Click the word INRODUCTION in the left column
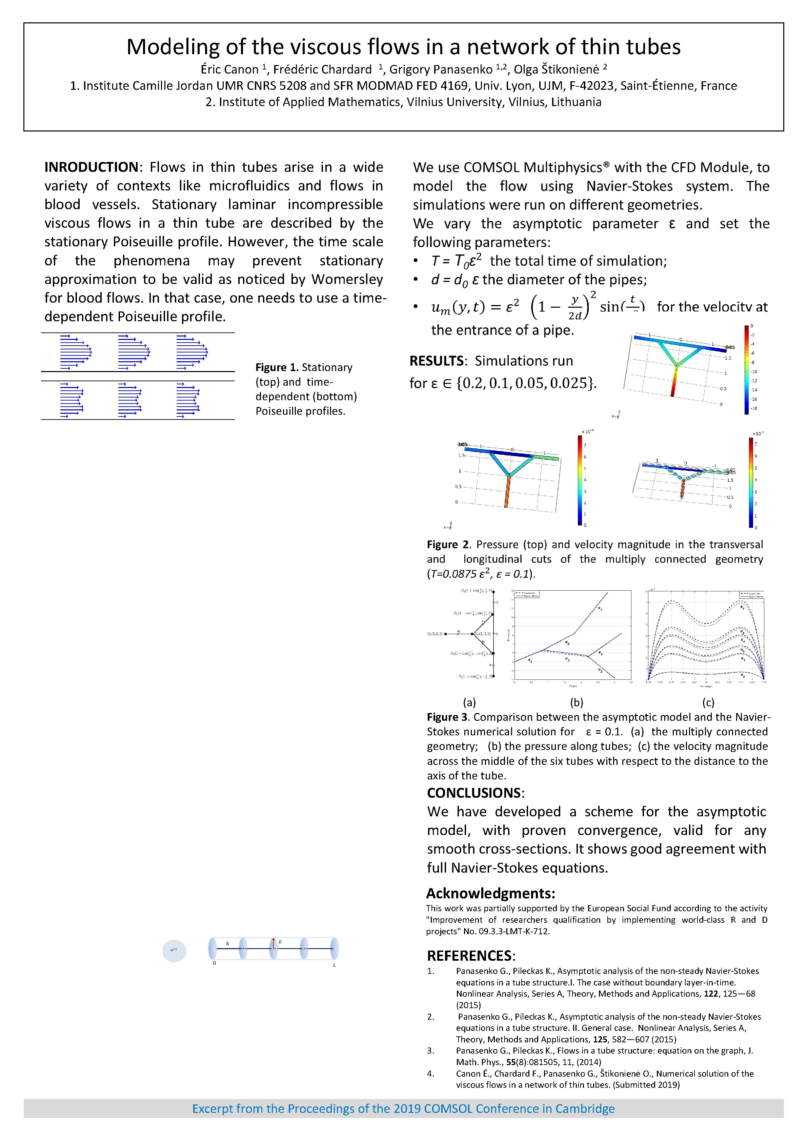pos(91,167)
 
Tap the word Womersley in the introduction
pos(347,279)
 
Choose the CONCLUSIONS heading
pos(474,793)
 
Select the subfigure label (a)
pos(469,702)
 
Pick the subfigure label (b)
pos(576,702)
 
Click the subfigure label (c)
pos(708,702)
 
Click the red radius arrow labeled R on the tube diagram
pos(273,943)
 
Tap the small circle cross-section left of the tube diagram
pos(174,951)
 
